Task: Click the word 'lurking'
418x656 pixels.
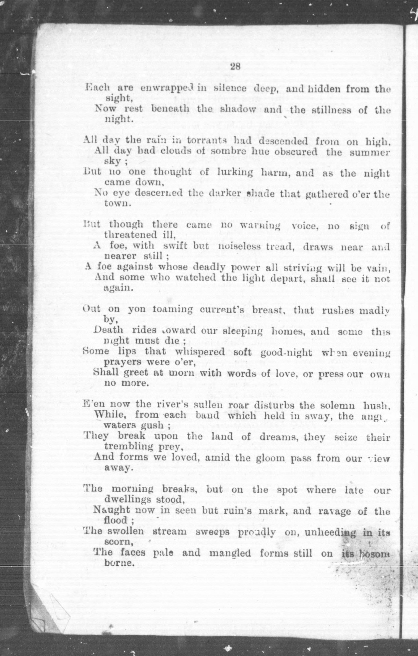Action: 235,173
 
